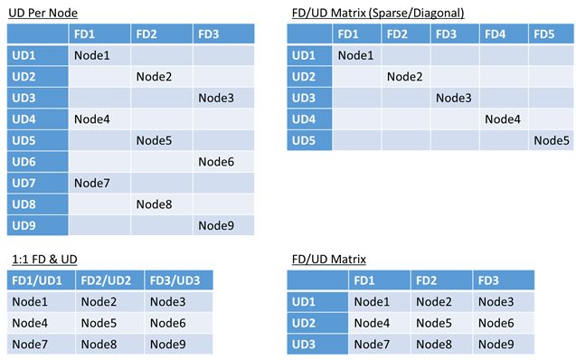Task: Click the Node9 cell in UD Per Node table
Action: pyautogui.click(x=215, y=224)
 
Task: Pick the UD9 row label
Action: pyautogui.click(x=25, y=224)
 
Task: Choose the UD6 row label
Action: pyautogui.click(x=25, y=161)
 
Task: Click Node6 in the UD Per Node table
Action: pyautogui.click(x=215, y=161)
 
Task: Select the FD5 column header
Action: pyautogui.click(x=545, y=34)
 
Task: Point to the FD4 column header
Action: pyautogui.click(x=496, y=34)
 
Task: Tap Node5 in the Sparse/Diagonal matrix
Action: pyautogui.click(x=551, y=140)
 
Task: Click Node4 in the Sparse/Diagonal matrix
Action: pyautogui.click(x=503, y=118)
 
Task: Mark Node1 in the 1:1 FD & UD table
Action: pyautogui.click(x=30, y=300)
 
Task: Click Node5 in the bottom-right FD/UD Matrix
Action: pyautogui.click(x=434, y=322)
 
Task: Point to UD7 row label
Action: pyautogui.click(x=25, y=183)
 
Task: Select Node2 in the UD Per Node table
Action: pyautogui.click(x=154, y=77)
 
